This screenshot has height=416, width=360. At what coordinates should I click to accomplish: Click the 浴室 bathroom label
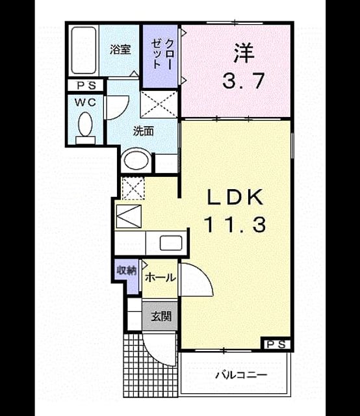120,49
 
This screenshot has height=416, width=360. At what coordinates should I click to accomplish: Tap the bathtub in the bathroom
84,50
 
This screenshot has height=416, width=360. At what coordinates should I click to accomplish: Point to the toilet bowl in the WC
85,124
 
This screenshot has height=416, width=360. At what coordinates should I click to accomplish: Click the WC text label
85,103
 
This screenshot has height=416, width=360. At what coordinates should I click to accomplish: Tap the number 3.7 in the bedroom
243,81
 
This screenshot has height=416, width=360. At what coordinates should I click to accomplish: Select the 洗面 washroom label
143,131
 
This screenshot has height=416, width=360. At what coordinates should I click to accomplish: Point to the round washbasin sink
136,160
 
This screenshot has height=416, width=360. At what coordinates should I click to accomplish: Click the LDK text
235,198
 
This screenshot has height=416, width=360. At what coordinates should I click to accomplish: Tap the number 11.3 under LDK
235,225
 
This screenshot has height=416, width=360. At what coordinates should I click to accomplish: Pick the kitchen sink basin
171,243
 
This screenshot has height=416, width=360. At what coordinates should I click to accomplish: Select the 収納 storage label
127,270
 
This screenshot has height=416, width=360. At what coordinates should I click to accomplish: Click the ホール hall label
161,278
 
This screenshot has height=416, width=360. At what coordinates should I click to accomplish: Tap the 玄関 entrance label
161,317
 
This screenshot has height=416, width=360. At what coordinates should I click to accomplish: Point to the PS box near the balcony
276,344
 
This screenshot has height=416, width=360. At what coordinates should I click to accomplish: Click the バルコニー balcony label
241,375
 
